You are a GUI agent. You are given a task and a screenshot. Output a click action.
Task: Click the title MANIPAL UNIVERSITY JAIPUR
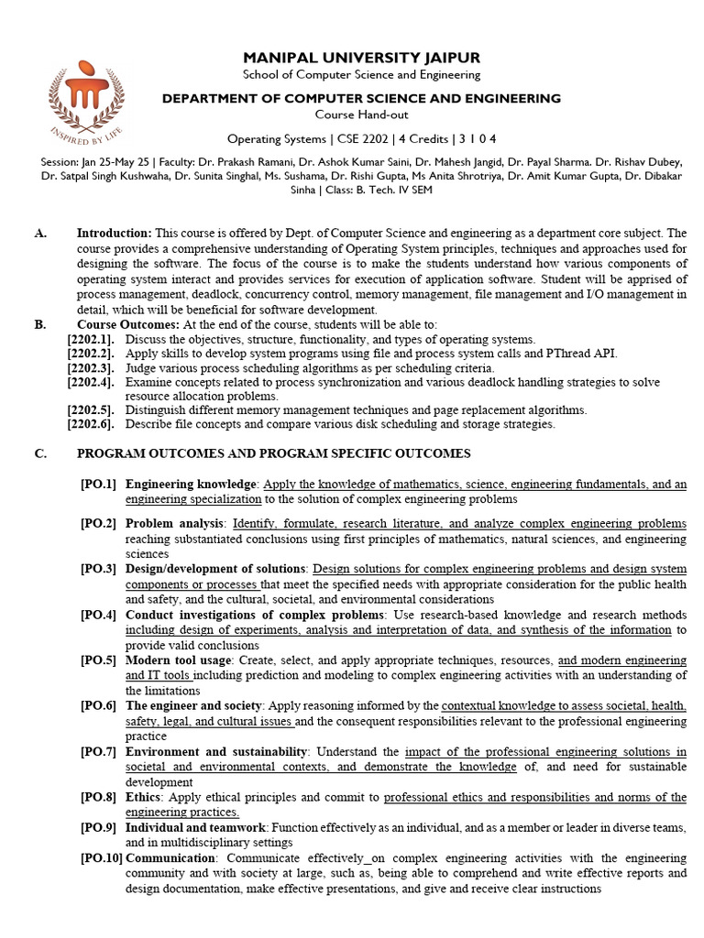[360, 58]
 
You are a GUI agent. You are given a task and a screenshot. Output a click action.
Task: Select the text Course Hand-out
[360, 115]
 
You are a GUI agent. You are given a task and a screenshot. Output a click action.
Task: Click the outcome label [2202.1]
[91, 339]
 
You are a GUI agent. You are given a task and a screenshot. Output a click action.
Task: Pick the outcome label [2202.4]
[91, 382]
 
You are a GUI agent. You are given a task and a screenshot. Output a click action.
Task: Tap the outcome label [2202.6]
[91, 424]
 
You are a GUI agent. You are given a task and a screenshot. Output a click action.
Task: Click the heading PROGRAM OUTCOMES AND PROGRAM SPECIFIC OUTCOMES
[274, 453]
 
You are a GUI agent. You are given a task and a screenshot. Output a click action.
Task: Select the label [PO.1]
[98, 484]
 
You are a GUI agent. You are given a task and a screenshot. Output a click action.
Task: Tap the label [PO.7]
[98, 751]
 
